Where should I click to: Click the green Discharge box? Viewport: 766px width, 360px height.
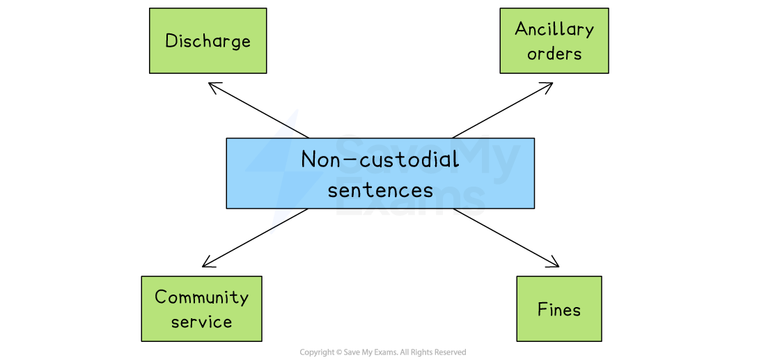click(208, 40)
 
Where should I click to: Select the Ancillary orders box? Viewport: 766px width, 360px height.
click(554, 40)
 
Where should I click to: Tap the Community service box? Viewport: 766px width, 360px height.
click(201, 308)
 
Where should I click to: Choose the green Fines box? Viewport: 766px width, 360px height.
click(558, 308)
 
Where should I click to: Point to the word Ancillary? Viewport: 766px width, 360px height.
click(554, 29)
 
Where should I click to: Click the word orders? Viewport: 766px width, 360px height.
click(554, 54)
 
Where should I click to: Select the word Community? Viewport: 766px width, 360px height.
click(201, 297)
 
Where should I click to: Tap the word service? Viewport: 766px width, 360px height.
click(201, 322)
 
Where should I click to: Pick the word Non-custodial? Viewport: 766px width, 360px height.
click(380, 159)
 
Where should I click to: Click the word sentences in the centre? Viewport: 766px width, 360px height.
click(380, 189)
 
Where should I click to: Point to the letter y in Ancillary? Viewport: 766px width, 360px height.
click(588, 31)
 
